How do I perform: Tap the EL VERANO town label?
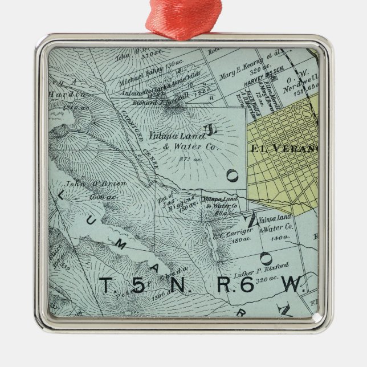(x=284, y=149)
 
